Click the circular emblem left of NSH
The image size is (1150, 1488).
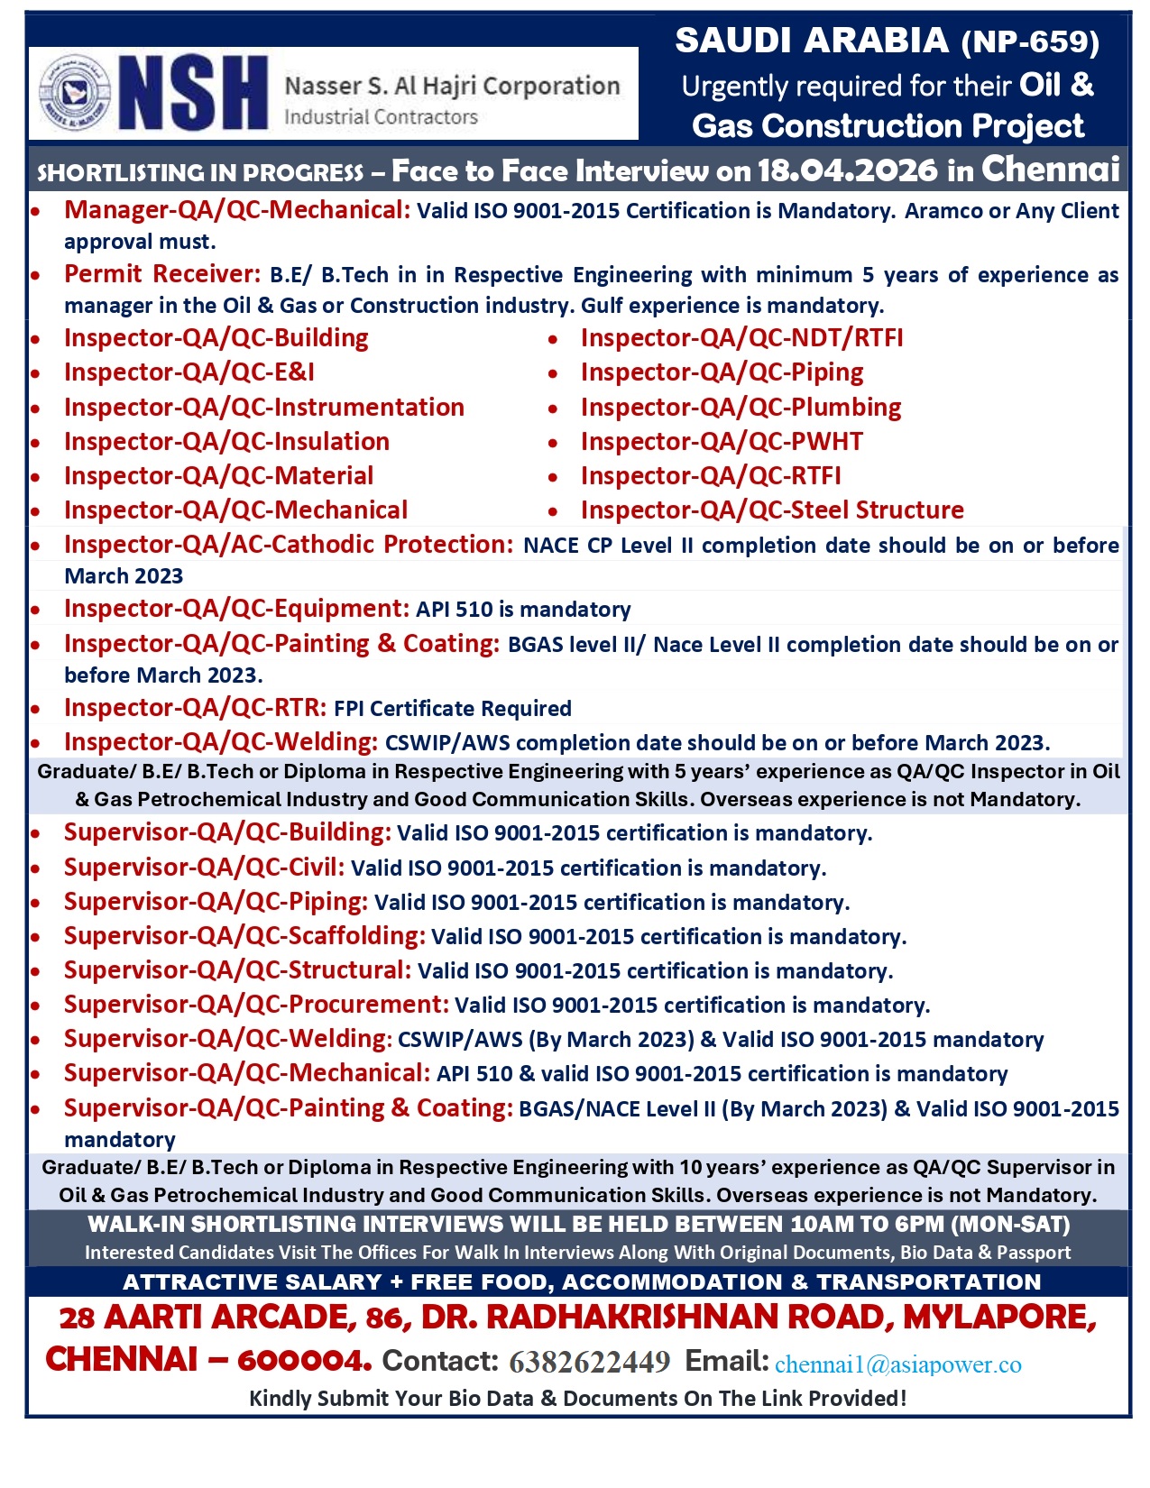(x=75, y=94)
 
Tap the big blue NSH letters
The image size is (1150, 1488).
(x=193, y=94)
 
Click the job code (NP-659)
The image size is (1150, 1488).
(x=1030, y=41)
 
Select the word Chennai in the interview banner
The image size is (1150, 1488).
(x=1050, y=169)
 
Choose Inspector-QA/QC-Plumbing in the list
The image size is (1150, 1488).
(x=741, y=408)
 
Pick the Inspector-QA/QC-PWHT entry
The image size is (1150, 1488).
(x=722, y=442)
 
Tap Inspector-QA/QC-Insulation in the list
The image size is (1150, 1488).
(x=226, y=442)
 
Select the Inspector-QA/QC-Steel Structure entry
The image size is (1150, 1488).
(x=772, y=510)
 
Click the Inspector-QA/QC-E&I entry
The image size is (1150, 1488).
(x=189, y=372)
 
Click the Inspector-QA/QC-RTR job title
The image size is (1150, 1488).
(x=195, y=708)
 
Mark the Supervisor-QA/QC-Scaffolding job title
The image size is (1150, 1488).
(x=244, y=936)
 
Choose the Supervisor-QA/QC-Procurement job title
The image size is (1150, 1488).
(x=256, y=1005)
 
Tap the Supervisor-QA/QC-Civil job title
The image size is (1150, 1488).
(x=204, y=868)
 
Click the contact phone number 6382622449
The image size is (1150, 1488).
(x=589, y=1362)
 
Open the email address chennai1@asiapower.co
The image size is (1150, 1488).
(x=897, y=1364)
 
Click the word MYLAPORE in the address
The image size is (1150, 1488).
(x=999, y=1318)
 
